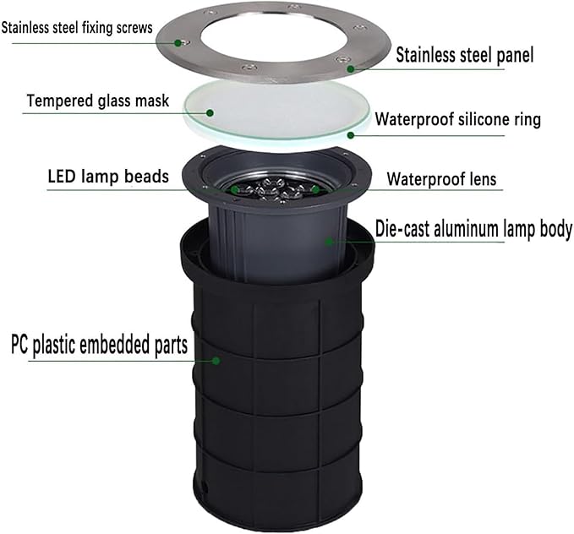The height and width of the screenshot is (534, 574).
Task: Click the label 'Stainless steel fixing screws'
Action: [x=77, y=28]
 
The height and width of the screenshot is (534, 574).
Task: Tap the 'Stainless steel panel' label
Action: [x=465, y=55]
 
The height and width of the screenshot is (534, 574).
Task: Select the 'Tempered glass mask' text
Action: [x=98, y=101]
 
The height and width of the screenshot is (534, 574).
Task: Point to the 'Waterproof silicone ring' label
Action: [x=458, y=119]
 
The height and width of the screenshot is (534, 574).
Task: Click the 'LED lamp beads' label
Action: [x=108, y=177]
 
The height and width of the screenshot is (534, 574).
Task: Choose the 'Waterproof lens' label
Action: [x=441, y=179]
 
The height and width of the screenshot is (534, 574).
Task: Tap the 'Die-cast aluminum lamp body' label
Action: [x=473, y=230]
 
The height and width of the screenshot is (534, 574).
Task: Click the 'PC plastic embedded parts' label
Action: [x=99, y=345]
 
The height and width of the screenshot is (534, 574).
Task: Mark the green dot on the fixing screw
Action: [x=178, y=43]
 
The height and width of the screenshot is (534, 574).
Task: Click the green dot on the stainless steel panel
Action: [x=350, y=68]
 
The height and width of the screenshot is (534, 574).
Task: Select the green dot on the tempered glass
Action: [x=210, y=112]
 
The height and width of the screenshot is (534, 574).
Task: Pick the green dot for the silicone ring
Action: [x=350, y=135]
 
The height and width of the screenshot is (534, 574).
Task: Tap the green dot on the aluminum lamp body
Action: [x=329, y=241]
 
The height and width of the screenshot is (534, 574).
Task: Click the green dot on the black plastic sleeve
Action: [x=216, y=361]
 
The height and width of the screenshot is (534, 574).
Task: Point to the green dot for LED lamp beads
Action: [x=235, y=189]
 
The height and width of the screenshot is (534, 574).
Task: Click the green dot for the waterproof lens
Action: [x=315, y=189]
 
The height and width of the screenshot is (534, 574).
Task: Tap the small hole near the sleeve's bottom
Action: [x=205, y=488]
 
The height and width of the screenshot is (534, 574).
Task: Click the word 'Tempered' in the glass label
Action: [x=59, y=101]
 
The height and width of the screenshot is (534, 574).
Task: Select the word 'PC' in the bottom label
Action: [x=19, y=344]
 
